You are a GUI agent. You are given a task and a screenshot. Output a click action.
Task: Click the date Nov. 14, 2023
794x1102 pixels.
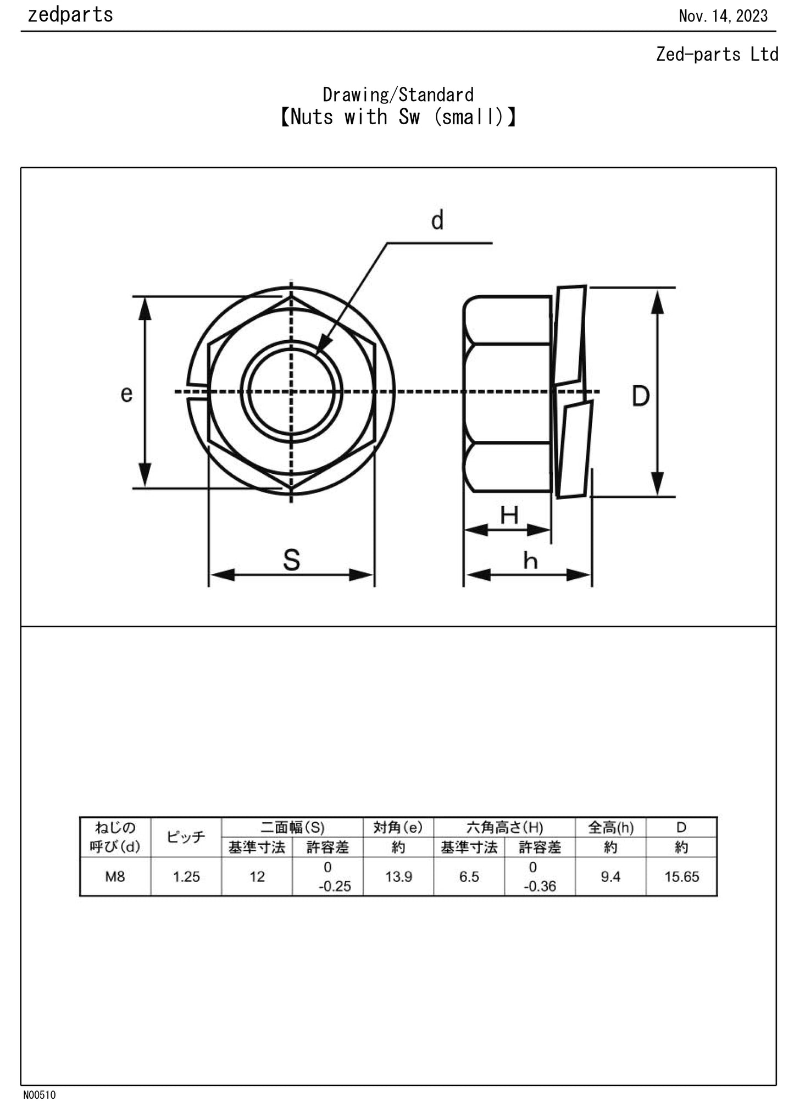coord(723,16)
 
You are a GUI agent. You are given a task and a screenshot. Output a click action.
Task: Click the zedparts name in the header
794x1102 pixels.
coord(70,15)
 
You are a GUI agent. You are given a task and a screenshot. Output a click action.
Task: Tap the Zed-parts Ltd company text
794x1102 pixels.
coord(717,54)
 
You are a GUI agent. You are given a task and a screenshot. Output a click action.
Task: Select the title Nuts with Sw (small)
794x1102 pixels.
coord(398,117)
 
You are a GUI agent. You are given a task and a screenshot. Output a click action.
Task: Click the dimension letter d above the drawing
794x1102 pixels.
coord(437,220)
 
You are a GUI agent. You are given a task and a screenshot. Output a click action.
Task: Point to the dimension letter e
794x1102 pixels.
coord(126,394)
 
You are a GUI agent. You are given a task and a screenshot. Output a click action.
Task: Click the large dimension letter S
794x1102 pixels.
coord(291,560)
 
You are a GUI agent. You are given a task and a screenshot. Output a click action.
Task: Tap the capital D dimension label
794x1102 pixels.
coord(640,396)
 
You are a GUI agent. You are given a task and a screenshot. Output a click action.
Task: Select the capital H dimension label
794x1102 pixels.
coord(509,516)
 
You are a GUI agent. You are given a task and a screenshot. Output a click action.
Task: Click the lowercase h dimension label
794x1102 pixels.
coord(530,561)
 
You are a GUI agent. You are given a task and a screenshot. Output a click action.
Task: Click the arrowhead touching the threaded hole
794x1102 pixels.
coord(323,346)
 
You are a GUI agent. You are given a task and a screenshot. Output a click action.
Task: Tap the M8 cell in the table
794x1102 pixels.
coord(115,877)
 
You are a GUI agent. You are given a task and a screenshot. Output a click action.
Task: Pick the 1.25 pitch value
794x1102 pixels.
coord(186,877)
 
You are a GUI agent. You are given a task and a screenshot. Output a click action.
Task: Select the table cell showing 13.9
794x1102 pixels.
coord(398,877)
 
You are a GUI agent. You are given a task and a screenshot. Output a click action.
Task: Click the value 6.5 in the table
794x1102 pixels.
coord(469,877)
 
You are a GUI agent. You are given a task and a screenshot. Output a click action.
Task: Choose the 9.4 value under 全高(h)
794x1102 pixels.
coord(610,877)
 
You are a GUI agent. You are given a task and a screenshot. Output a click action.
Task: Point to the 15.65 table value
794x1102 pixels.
coord(681,877)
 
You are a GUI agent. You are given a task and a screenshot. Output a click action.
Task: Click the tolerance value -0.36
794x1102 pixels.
coord(540,886)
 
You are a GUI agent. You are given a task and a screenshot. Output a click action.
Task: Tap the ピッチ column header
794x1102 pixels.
coord(186,837)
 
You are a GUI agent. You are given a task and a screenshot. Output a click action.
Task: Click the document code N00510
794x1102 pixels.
coord(39,1095)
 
